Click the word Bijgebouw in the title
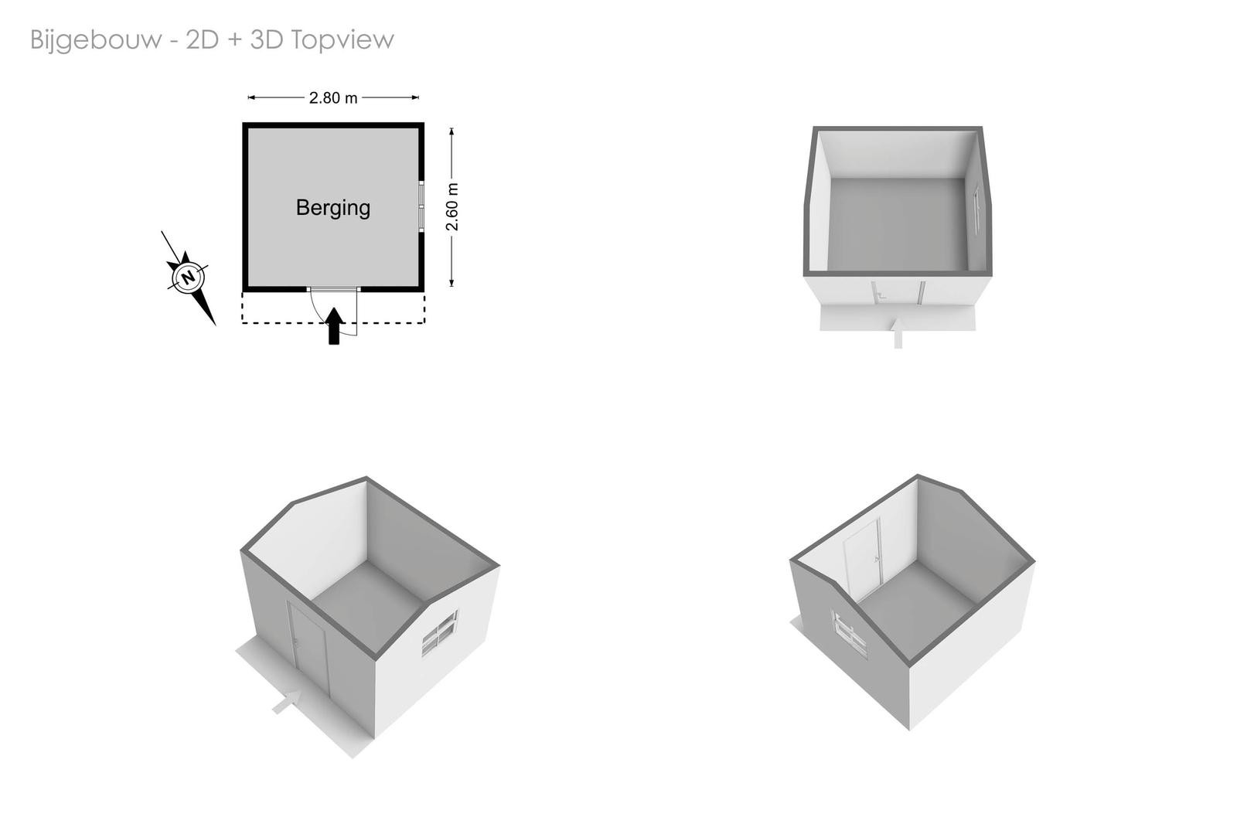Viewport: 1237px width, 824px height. point(96,40)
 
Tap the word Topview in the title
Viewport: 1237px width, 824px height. point(342,40)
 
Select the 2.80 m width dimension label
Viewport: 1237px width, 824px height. point(333,97)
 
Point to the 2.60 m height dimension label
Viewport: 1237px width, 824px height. point(452,206)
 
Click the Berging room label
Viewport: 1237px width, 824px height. point(333,208)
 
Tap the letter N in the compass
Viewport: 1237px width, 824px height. point(189,277)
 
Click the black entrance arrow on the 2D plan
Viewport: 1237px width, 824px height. point(334,326)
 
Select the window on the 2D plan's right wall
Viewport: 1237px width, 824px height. point(421,206)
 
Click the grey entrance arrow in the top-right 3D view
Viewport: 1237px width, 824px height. point(898,333)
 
